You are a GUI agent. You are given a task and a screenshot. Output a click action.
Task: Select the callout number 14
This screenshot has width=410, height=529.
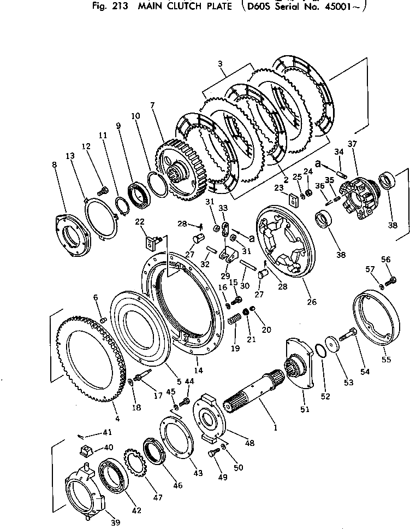(x=199, y=370)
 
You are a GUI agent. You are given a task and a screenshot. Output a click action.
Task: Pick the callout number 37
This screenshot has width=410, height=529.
(x=352, y=144)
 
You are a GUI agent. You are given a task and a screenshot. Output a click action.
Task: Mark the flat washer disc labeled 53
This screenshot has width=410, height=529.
(x=330, y=346)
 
